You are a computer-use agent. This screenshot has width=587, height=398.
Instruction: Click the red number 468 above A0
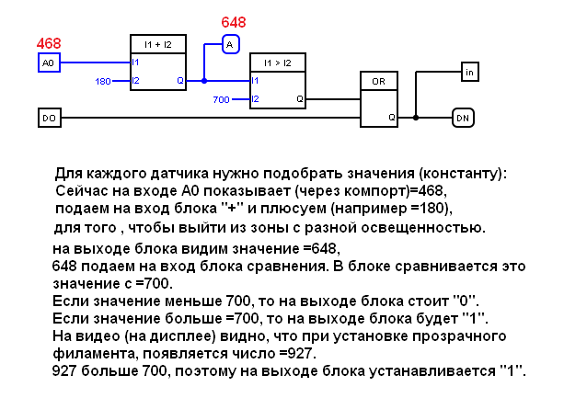49,43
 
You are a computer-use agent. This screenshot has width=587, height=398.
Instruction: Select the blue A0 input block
50,63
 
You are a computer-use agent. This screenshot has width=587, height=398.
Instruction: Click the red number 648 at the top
234,21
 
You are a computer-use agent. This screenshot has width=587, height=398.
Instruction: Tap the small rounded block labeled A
230,43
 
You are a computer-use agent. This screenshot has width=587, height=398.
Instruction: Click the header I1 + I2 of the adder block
159,44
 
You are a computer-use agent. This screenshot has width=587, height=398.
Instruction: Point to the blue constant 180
103,82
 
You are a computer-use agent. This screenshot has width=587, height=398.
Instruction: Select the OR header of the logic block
377,81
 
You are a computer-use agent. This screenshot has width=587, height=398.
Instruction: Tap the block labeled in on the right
469,71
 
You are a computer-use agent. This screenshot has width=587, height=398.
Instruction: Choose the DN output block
462,118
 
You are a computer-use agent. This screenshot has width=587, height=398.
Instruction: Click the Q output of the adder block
180,81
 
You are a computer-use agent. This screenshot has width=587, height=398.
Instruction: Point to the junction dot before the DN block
416,118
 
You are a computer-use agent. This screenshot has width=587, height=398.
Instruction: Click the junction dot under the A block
205,81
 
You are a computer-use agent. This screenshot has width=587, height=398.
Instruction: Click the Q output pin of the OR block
391,117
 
